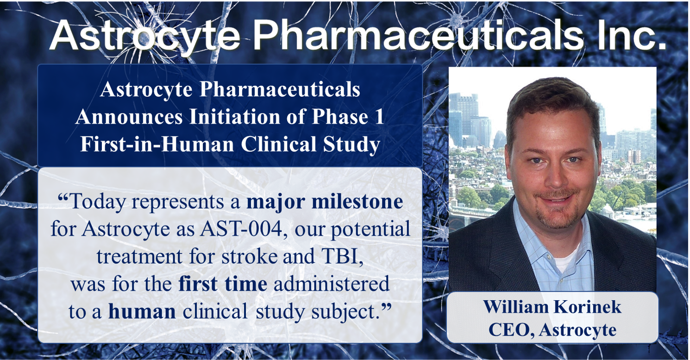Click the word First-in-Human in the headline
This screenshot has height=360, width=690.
[x=157, y=144]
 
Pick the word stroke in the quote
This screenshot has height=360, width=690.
[x=249, y=256]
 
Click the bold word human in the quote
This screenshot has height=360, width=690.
[x=142, y=311]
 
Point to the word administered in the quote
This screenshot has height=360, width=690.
[x=332, y=284]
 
